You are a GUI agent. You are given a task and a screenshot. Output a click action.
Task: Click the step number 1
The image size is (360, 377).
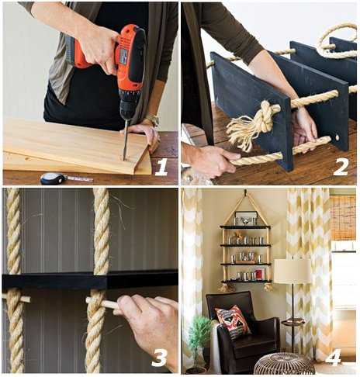click(161, 167)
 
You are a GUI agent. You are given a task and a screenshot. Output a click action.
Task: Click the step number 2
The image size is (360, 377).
click(341, 167)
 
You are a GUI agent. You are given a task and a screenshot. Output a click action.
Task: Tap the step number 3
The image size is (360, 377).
click(159, 357)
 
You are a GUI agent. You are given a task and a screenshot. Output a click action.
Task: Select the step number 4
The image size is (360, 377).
click(334, 357)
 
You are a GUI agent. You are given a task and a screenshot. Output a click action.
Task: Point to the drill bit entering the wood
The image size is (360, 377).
click(126, 140)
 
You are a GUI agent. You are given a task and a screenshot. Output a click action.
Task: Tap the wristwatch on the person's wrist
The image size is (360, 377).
click(152, 119)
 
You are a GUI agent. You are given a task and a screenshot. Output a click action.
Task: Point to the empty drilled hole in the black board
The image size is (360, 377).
click(337, 137)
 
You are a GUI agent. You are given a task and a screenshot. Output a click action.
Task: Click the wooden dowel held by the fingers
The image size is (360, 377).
click(102, 303)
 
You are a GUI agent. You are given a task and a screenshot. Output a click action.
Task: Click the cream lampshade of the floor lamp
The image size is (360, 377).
click(293, 272)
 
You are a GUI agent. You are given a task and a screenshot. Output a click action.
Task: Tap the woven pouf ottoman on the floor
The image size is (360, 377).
click(285, 364)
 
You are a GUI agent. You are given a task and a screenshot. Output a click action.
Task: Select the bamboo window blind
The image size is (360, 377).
click(343, 217)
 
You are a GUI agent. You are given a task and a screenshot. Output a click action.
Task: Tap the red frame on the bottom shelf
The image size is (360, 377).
click(259, 274)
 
